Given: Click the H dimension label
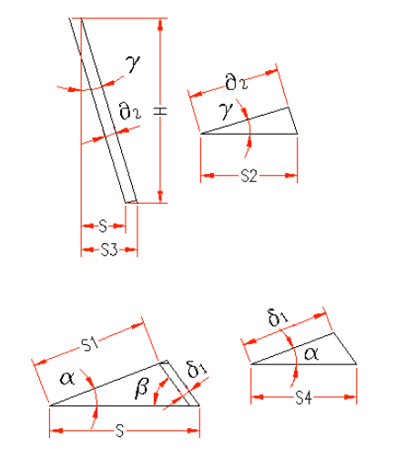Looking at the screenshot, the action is click(x=160, y=111).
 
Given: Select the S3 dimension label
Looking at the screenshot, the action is click(x=109, y=250).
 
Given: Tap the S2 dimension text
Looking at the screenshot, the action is click(x=249, y=176).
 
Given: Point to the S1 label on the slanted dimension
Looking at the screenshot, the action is click(x=90, y=344).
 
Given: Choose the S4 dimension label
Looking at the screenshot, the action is click(x=303, y=398).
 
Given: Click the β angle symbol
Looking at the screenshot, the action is click(x=142, y=389).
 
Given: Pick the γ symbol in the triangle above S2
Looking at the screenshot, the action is click(x=226, y=111).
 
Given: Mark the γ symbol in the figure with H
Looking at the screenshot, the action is click(x=133, y=64).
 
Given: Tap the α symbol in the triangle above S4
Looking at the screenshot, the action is click(x=311, y=354).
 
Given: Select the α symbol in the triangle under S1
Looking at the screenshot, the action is click(x=67, y=379).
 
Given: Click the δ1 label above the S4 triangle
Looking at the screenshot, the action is click(x=278, y=318).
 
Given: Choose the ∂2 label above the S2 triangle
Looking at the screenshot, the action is click(x=237, y=82).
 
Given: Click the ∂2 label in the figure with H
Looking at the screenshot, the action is click(x=130, y=111).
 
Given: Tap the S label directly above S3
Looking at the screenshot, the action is click(x=103, y=226).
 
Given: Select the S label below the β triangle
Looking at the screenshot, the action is click(x=120, y=431).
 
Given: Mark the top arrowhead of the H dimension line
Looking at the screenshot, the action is click(x=160, y=25).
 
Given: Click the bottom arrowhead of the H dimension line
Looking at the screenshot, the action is click(x=160, y=197).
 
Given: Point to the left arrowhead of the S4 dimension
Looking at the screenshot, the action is click(x=258, y=397).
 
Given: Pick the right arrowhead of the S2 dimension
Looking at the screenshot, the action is click(x=290, y=176).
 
